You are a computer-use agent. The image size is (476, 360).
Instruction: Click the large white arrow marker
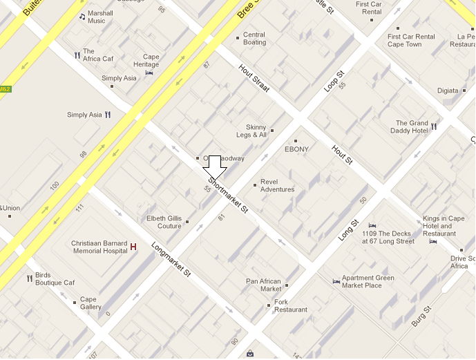click(214, 167)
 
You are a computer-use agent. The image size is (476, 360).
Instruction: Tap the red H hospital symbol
click(133, 247)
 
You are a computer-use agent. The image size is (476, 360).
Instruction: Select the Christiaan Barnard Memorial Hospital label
click(99, 247)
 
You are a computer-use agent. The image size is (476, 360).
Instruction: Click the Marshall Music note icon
click(82, 16)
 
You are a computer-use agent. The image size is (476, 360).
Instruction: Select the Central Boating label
click(254, 39)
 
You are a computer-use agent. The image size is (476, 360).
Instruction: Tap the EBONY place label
click(296, 149)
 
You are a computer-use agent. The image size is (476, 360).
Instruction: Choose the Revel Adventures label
click(277, 185)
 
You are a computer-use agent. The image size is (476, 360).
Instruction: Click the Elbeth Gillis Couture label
click(164, 222)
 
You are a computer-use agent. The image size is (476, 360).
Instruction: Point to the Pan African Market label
click(263, 285)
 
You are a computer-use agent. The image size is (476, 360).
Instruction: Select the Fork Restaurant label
click(290, 306)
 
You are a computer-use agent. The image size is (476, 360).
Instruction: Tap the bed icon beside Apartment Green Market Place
click(336, 281)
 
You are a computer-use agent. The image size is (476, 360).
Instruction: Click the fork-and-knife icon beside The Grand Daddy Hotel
click(434, 126)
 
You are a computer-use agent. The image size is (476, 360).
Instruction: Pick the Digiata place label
click(448, 91)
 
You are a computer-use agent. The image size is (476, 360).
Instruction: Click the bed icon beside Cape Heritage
click(149, 72)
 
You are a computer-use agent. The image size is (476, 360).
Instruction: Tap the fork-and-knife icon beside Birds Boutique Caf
click(29, 278)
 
